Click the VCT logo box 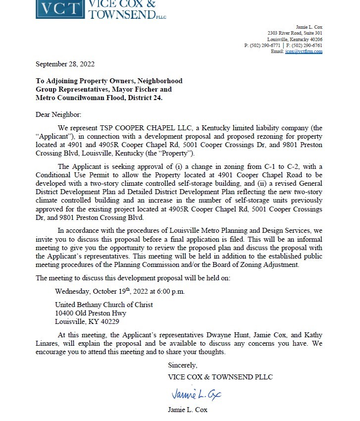[x=60, y=9]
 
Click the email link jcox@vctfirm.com [x=304, y=52]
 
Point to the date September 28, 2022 [x=65, y=64]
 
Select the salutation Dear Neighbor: [x=58, y=114]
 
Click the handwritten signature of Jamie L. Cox [x=196, y=394]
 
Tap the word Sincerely [x=182, y=366]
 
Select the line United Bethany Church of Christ [x=103, y=305]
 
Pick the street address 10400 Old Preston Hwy [x=90, y=313]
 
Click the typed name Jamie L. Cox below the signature [x=188, y=410]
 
